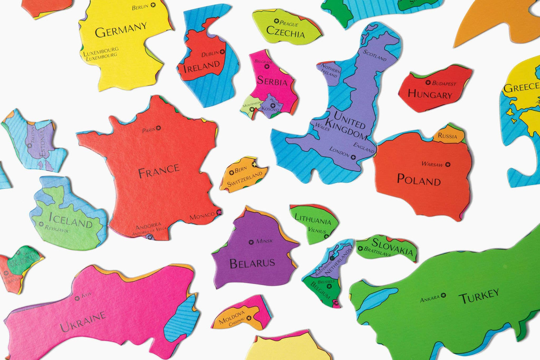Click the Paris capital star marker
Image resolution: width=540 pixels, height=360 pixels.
click(x=158, y=128)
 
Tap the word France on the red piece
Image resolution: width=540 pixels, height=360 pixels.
click(x=158, y=172)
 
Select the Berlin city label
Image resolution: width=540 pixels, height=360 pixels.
click(x=140, y=7)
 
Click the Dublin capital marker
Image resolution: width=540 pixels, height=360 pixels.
click(x=223, y=52)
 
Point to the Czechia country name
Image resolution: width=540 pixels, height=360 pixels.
click(x=286, y=33)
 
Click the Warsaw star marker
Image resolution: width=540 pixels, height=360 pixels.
click(x=448, y=164)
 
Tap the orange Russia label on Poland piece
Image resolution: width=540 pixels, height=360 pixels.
click(x=447, y=136)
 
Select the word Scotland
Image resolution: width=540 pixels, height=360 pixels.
click(x=375, y=55)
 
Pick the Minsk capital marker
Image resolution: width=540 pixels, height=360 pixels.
click(x=251, y=242)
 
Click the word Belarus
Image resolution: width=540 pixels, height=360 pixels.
click(x=252, y=263)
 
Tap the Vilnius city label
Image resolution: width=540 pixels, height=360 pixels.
click(x=317, y=231)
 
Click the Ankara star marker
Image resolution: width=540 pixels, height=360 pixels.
click(x=444, y=295)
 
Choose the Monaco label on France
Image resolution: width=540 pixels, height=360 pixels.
click(x=202, y=216)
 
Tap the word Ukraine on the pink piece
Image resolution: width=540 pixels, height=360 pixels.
click(x=83, y=322)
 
